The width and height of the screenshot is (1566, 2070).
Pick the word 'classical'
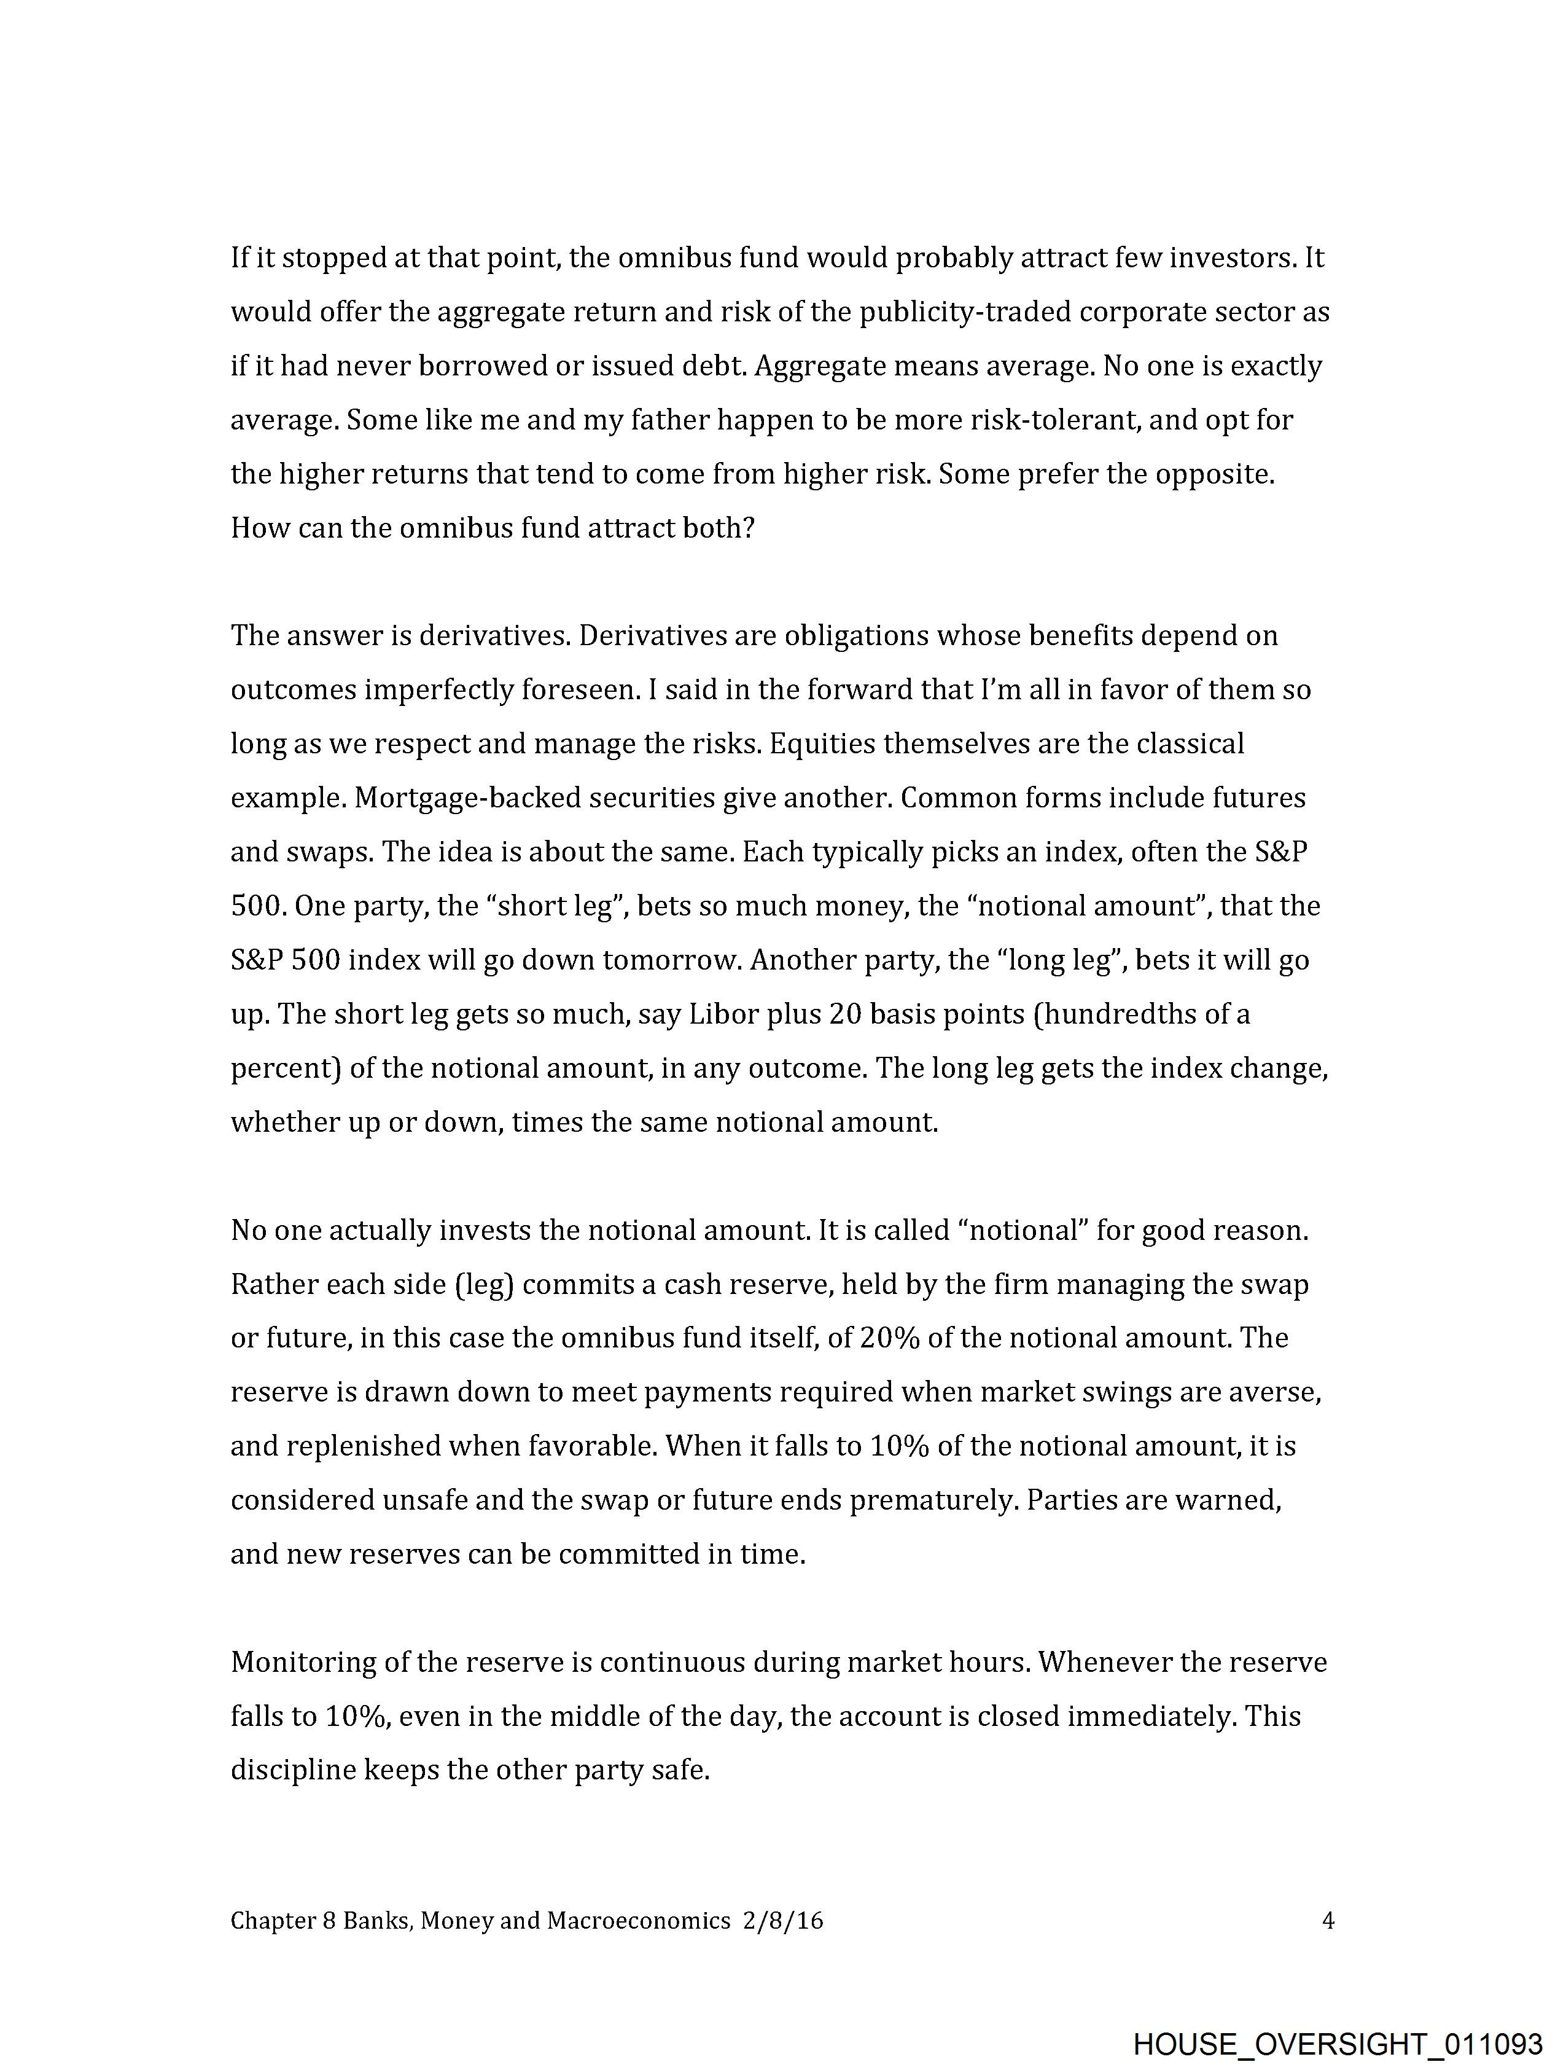point(1190,744)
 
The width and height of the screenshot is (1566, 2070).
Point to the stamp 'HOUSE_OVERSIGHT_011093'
point(1337,2043)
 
